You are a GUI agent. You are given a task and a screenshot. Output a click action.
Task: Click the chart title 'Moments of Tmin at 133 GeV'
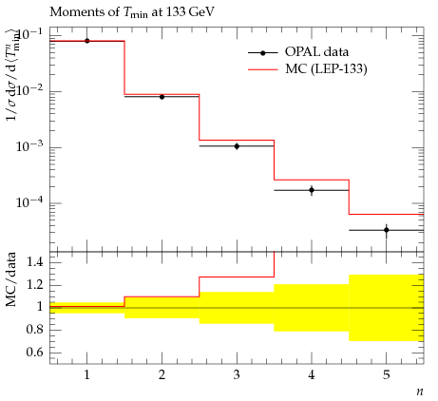coord(132,12)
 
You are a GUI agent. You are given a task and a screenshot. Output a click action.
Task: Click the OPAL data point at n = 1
coord(87,41)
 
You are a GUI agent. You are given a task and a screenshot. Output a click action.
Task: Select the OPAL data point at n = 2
coord(162,97)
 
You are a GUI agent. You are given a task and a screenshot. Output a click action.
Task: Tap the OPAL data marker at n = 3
coord(237,146)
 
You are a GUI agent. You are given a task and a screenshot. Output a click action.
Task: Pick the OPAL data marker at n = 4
coord(312,190)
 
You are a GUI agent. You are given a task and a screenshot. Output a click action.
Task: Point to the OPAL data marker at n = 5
coord(387,230)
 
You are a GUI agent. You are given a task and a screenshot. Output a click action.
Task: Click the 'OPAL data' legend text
coord(316,52)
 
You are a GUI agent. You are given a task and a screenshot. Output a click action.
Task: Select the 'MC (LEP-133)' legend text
coord(326,68)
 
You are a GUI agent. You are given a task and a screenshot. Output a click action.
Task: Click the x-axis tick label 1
coord(87,375)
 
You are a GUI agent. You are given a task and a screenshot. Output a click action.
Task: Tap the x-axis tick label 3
coord(237,375)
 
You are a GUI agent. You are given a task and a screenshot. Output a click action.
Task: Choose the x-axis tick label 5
coord(387,375)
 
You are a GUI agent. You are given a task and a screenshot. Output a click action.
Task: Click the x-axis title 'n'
coord(420,392)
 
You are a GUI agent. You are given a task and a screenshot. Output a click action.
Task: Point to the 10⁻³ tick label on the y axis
coord(30,146)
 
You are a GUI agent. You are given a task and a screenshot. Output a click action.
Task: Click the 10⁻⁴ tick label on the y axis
coord(30,201)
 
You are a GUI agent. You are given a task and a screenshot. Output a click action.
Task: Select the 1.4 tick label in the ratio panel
coord(35,262)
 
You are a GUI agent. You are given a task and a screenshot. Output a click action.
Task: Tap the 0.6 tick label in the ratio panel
coord(35,353)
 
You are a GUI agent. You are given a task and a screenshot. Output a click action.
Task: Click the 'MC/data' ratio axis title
coord(11,279)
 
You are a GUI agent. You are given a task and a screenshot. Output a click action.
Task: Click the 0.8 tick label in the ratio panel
coord(35,330)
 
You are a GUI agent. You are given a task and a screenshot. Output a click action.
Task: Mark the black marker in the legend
coord(262,53)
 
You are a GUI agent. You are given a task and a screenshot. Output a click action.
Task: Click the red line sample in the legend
coord(262,69)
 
